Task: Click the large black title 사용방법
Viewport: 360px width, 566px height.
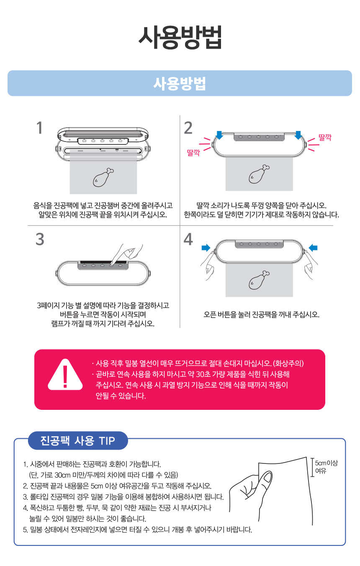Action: pos(180,37)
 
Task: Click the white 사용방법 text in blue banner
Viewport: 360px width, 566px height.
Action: pos(180,83)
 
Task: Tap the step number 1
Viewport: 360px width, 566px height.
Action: pos(39,128)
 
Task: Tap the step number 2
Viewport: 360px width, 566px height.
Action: pos(188,128)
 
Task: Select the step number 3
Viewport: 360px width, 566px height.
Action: pos(40,239)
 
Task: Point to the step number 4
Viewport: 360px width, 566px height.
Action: pos(188,239)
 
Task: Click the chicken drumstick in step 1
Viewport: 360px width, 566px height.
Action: pos(103,177)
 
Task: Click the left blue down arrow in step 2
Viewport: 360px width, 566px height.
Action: pos(219,135)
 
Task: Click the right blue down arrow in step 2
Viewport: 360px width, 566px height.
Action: pos(298,135)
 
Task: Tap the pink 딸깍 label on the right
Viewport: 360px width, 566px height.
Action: pos(325,137)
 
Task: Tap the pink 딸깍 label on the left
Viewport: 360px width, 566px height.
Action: pos(193,152)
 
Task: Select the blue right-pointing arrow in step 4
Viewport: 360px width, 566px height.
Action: pos(206,248)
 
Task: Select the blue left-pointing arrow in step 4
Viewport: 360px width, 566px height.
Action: pos(313,248)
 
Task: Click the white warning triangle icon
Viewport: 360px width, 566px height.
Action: pos(65,374)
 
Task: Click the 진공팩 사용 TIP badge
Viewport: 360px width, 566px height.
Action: pos(78,440)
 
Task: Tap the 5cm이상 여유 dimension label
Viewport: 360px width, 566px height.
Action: pos(326,467)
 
